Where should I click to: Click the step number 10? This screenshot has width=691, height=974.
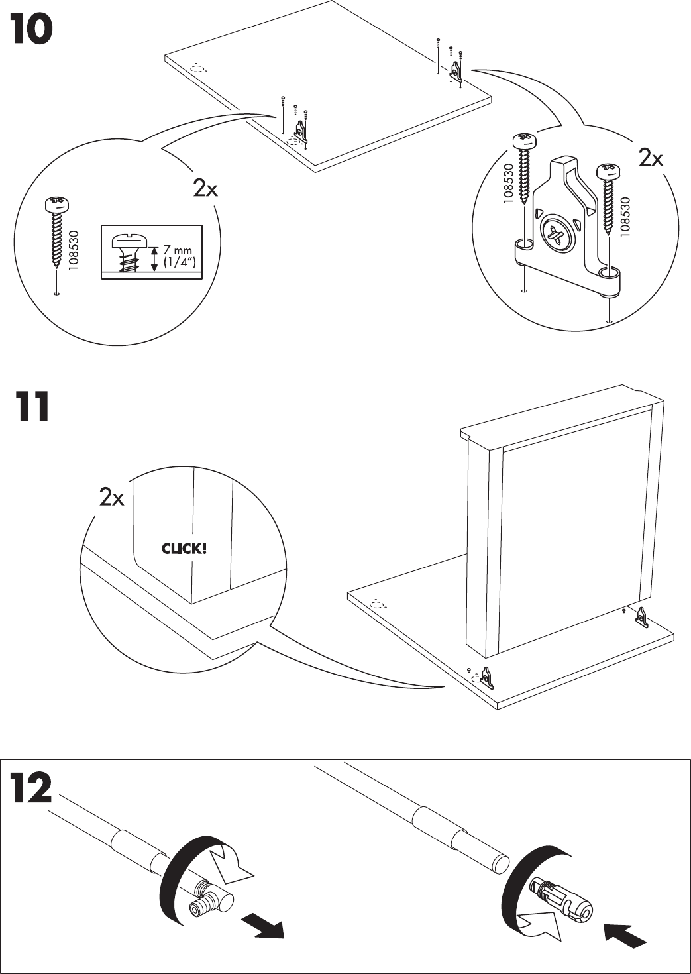point(30,31)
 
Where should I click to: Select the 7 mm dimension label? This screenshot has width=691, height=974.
point(178,250)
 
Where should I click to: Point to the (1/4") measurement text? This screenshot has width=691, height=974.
point(179,262)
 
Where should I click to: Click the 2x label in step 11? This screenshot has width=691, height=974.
point(111,497)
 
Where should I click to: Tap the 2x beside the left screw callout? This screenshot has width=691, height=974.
point(205,189)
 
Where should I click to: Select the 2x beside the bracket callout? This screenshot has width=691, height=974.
point(651,158)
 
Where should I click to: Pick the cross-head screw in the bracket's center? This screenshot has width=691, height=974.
point(555,236)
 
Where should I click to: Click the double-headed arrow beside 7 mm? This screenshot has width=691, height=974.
point(154,258)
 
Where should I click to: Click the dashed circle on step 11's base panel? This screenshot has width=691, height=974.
point(377,604)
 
